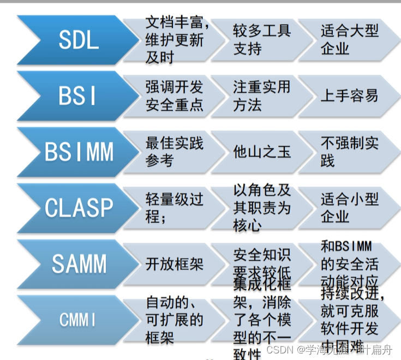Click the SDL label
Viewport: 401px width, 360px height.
(x=79, y=40)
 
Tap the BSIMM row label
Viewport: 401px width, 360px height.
(x=79, y=152)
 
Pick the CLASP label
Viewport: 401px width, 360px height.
(x=79, y=208)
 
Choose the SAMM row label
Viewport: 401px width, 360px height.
(x=79, y=264)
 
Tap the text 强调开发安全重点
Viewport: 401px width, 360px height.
(x=174, y=96)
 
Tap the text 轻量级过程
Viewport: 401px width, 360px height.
(x=174, y=208)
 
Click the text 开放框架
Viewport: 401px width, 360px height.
(x=174, y=265)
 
